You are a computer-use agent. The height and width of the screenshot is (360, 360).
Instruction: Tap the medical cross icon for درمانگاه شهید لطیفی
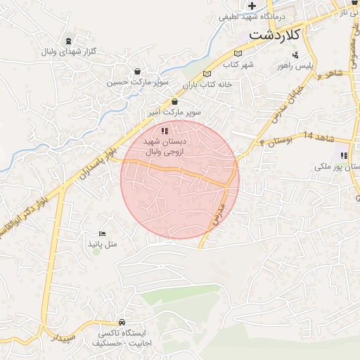[252, 6]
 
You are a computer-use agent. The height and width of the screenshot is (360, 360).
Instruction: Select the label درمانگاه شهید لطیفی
[255, 16]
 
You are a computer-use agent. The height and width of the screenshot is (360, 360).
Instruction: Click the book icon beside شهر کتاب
[238, 53]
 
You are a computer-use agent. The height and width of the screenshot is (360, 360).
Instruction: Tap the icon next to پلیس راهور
[295, 54]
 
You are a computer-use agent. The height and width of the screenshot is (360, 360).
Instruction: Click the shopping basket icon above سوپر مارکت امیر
[174, 102]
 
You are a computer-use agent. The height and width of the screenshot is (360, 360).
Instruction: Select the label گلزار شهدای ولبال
[68, 52]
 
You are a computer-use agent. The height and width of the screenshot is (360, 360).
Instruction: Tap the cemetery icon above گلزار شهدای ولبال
[67, 41]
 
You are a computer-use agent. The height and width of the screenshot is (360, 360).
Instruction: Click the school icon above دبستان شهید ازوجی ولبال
[165, 131]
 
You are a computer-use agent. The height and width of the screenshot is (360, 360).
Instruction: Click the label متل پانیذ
[104, 243]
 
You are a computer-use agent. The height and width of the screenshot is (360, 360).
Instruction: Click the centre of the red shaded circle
[180, 180]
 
